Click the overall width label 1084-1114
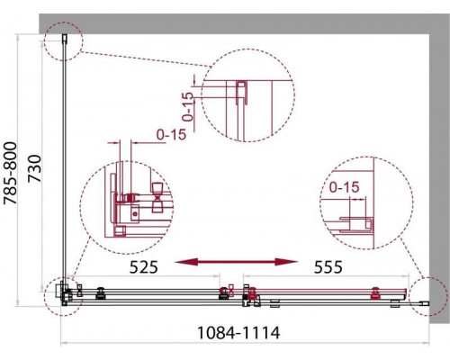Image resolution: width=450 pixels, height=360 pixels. click(236, 332)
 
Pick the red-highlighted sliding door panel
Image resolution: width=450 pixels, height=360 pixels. click(310, 292)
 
